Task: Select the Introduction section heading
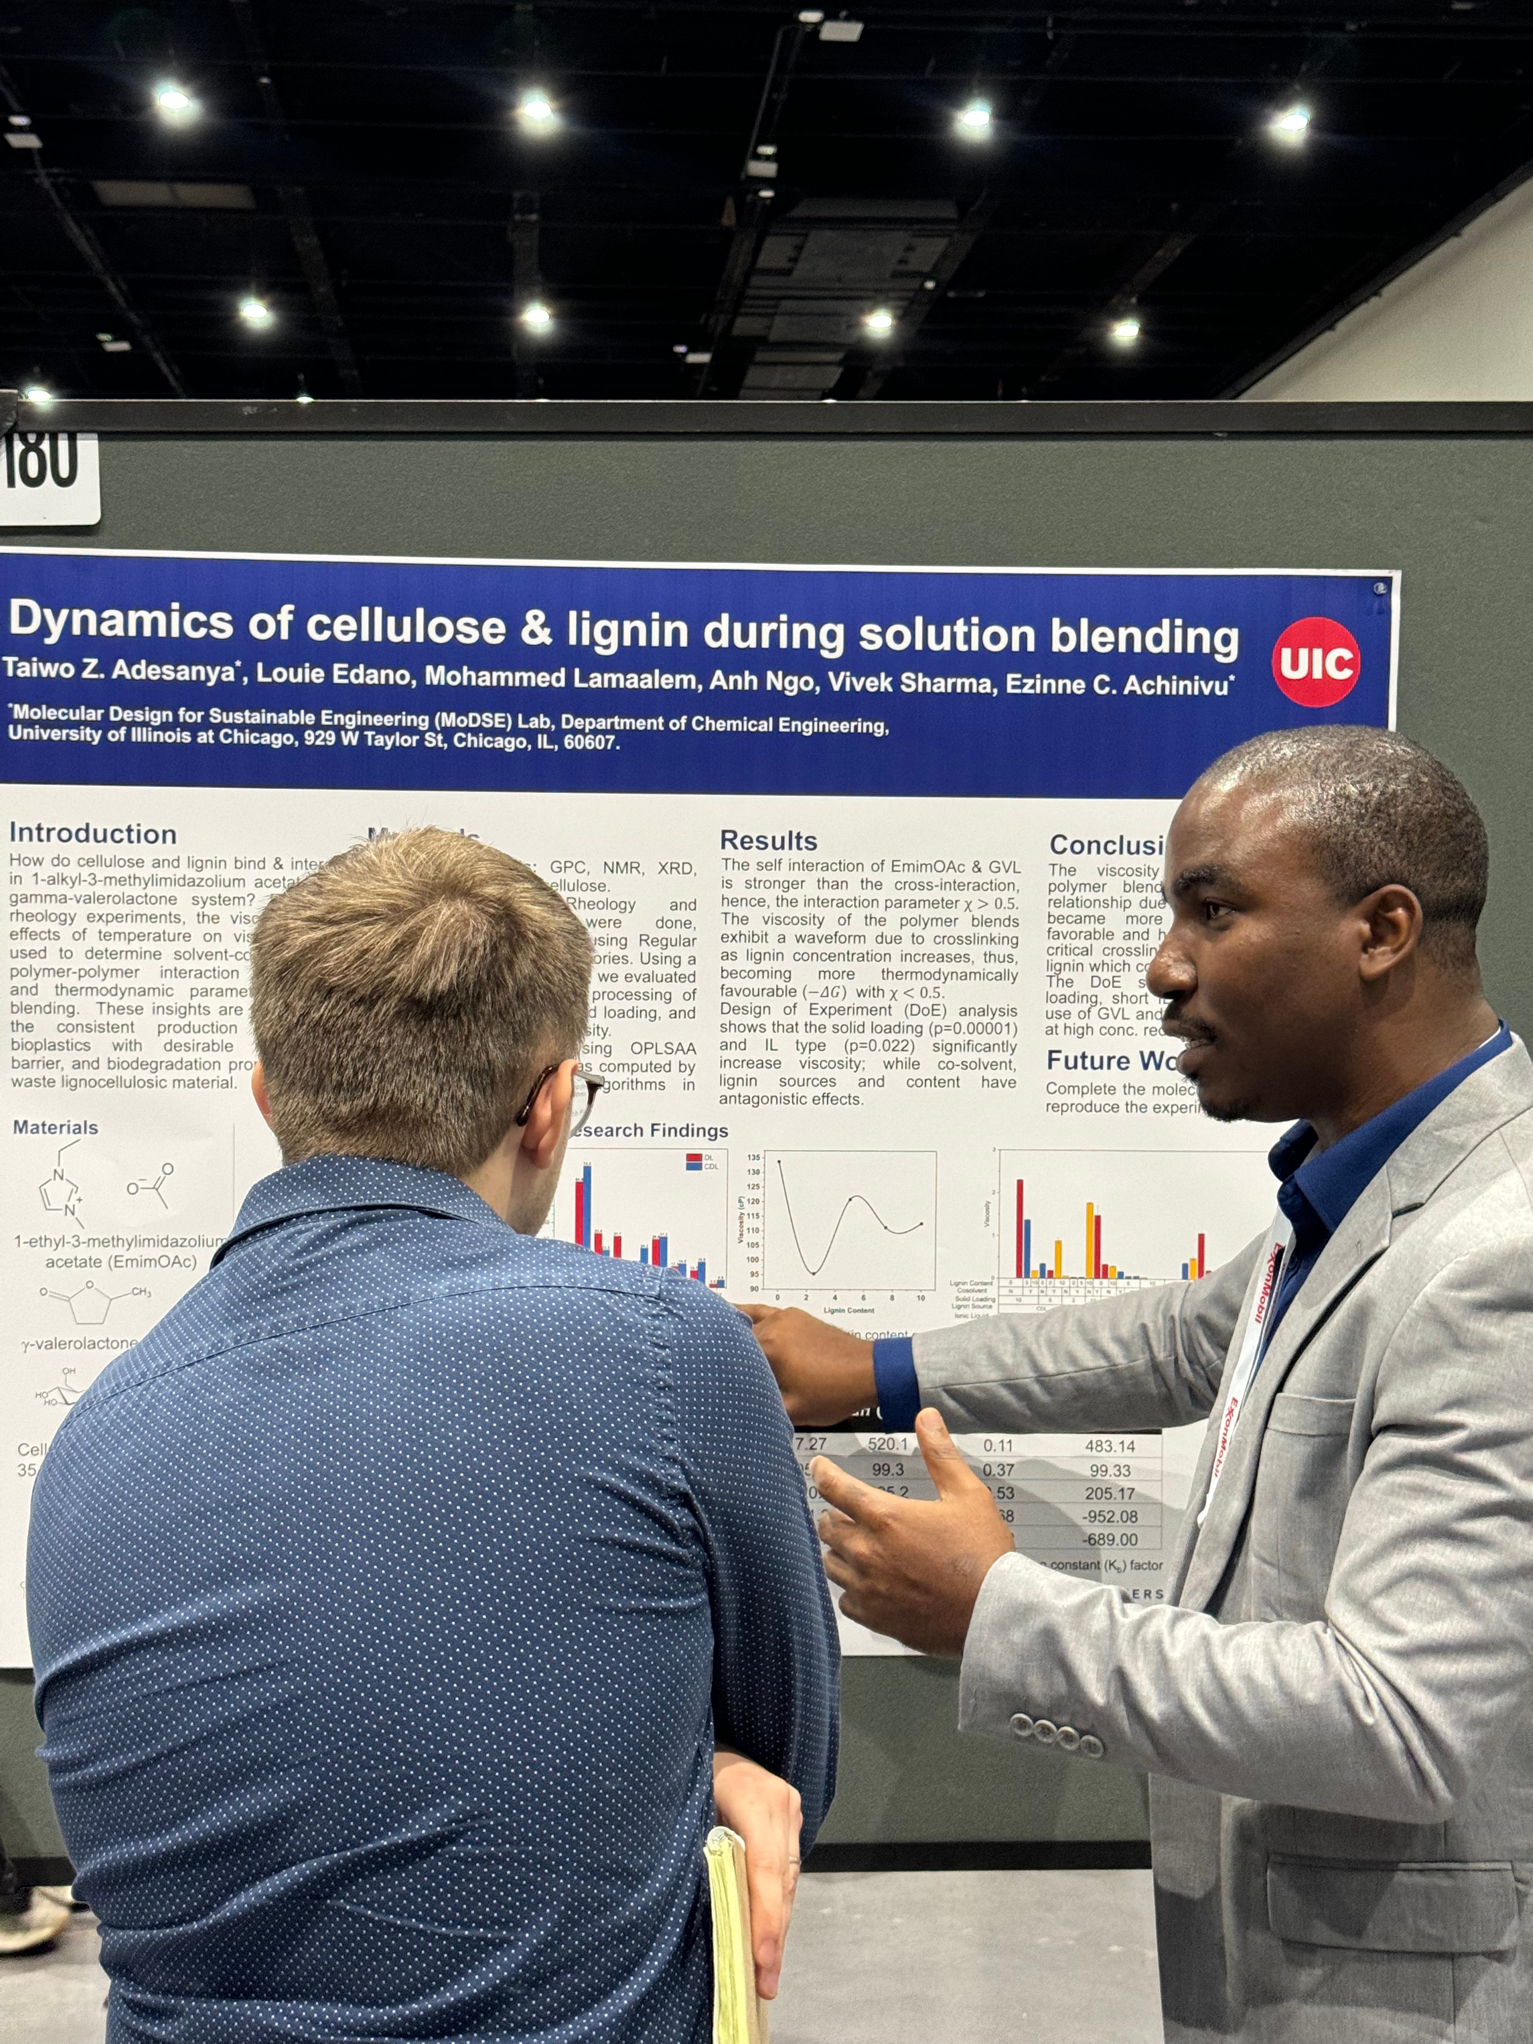(92, 833)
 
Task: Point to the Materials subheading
(55, 1127)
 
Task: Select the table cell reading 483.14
(1110, 1446)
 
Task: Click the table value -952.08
(1112, 1516)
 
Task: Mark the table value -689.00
(1112, 1540)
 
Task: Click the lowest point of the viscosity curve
(813, 1273)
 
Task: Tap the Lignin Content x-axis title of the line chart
(848, 1310)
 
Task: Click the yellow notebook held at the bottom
(735, 1941)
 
